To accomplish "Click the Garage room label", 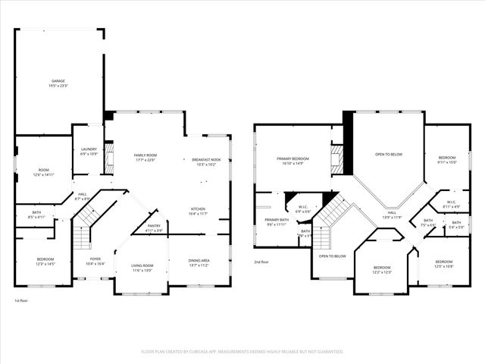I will [x=58, y=80].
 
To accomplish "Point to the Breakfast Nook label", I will [x=205, y=159].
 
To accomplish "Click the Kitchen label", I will [x=197, y=209].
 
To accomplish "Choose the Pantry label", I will [x=153, y=225].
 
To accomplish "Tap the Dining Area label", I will [x=199, y=261].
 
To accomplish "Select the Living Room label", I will [x=142, y=265].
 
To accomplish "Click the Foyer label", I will [x=96, y=259].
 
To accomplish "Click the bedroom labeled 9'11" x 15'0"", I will [x=446, y=158].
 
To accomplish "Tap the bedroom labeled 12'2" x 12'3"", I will [x=381, y=267].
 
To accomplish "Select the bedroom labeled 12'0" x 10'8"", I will [x=443, y=262].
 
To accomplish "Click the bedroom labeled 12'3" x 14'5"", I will [x=45, y=259].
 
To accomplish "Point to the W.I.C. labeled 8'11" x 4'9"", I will [x=451, y=202].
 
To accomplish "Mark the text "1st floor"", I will [x=21, y=301].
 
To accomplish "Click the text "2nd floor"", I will [x=261, y=262].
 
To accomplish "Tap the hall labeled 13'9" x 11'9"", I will [x=392, y=212].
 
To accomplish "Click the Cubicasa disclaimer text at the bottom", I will [x=242, y=352].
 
